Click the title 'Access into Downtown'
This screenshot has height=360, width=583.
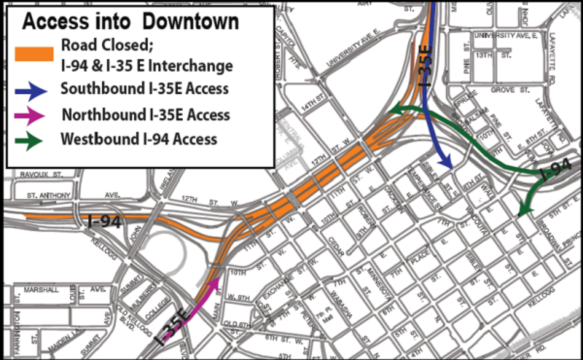pyautogui.click(x=129, y=21)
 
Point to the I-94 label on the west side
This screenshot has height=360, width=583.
pyautogui.click(x=105, y=221)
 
